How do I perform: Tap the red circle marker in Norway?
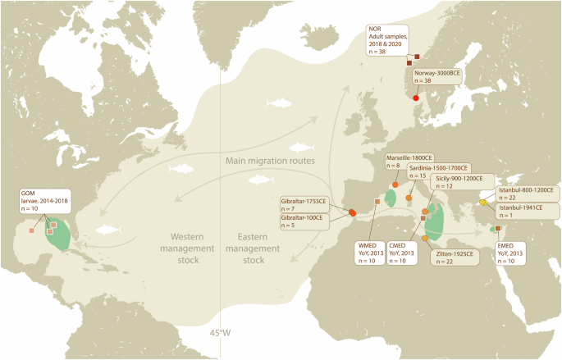click(x=415, y=98)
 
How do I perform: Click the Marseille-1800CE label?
click(x=409, y=161)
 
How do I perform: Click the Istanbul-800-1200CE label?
click(x=524, y=194)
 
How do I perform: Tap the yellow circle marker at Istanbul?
click(x=483, y=203)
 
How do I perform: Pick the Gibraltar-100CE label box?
click(x=304, y=222)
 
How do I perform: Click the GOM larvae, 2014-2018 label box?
click(x=41, y=203)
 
